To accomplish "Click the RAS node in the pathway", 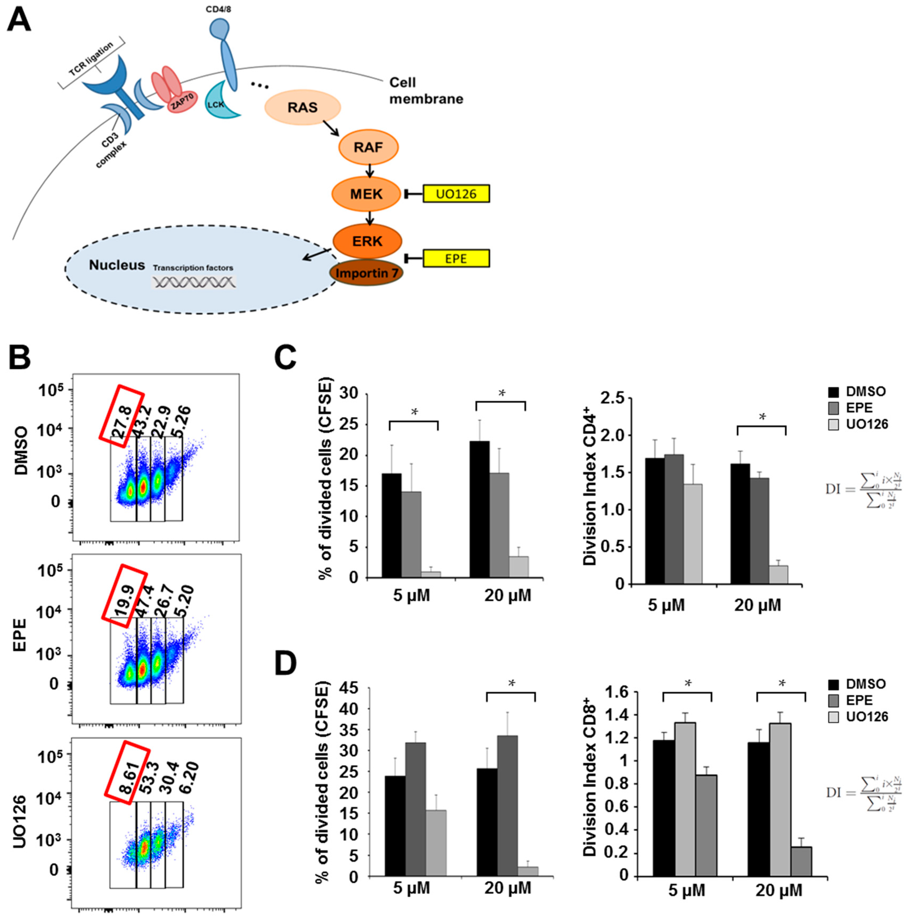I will point(302,107).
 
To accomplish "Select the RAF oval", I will point(368,147).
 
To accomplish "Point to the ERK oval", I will point(367,241).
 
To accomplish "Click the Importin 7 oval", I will point(366,273).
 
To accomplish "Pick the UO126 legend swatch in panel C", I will point(833,424).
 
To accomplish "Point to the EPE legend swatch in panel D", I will point(833,701).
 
